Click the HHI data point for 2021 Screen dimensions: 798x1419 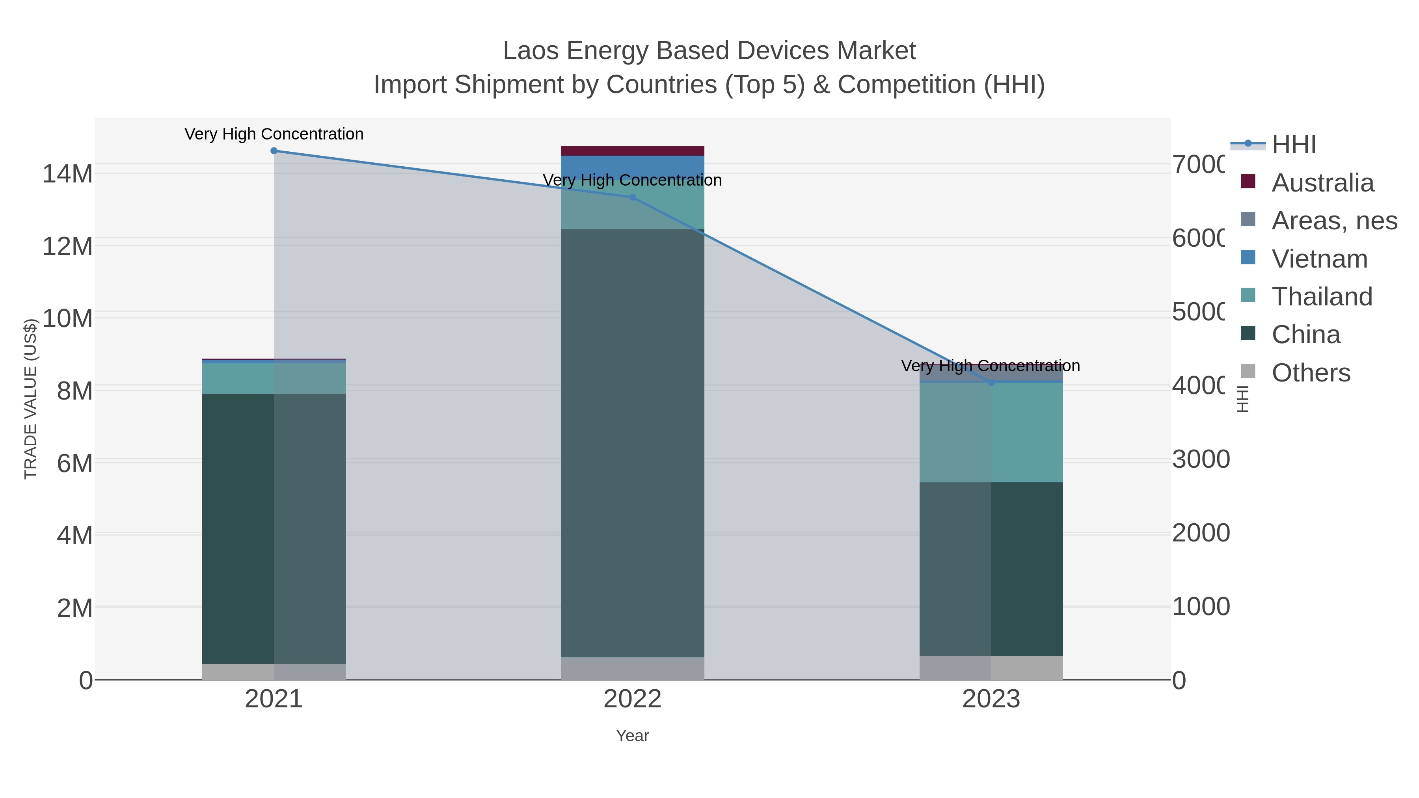274,151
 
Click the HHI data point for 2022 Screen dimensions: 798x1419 632,197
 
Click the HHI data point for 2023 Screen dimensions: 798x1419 991,382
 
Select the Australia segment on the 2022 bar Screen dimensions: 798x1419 632,151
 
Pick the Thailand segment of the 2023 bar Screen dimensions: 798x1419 991,432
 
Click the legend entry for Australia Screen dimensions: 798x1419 1322,183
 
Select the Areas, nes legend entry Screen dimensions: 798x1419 1333,221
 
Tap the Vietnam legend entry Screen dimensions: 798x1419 1319,259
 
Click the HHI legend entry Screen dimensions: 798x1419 1293,145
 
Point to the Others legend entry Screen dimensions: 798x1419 1311,373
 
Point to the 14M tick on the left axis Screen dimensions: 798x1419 67,174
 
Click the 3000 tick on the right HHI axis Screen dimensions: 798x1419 1200,459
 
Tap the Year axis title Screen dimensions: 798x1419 632,736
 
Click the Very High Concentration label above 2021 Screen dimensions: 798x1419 274,134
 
